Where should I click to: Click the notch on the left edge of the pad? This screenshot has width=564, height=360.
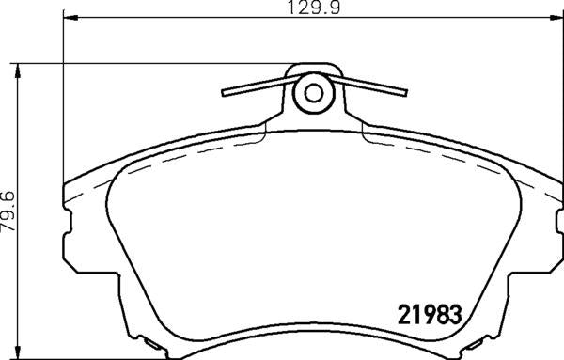tap(69, 224)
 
